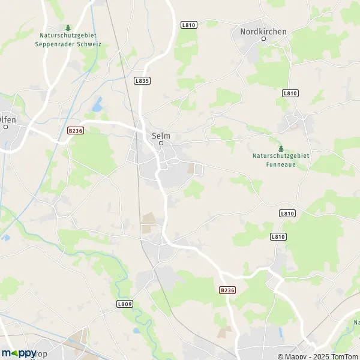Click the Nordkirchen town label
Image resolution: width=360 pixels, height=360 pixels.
[x=263, y=31]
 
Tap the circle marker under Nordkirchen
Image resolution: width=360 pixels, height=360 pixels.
[x=263, y=39]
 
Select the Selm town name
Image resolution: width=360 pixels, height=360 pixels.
[x=161, y=136]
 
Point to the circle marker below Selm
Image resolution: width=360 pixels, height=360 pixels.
[x=161, y=143]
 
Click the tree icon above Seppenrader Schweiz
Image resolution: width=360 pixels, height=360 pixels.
[x=68, y=28]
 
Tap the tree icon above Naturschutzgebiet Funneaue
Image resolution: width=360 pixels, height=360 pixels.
[x=281, y=148]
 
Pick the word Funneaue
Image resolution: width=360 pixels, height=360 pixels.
[x=281, y=163]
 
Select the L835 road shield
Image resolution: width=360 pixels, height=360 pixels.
[x=143, y=80]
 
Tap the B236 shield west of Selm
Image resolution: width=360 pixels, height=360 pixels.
[x=74, y=130]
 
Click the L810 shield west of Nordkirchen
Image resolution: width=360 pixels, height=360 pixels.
[x=188, y=25]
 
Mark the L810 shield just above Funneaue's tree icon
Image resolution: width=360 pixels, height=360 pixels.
[x=290, y=93]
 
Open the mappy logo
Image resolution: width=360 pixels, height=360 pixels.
[x=19, y=353]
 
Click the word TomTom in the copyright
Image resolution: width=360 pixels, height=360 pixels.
[x=344, y=356]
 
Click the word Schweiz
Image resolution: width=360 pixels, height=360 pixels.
[x=88, y=44]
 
